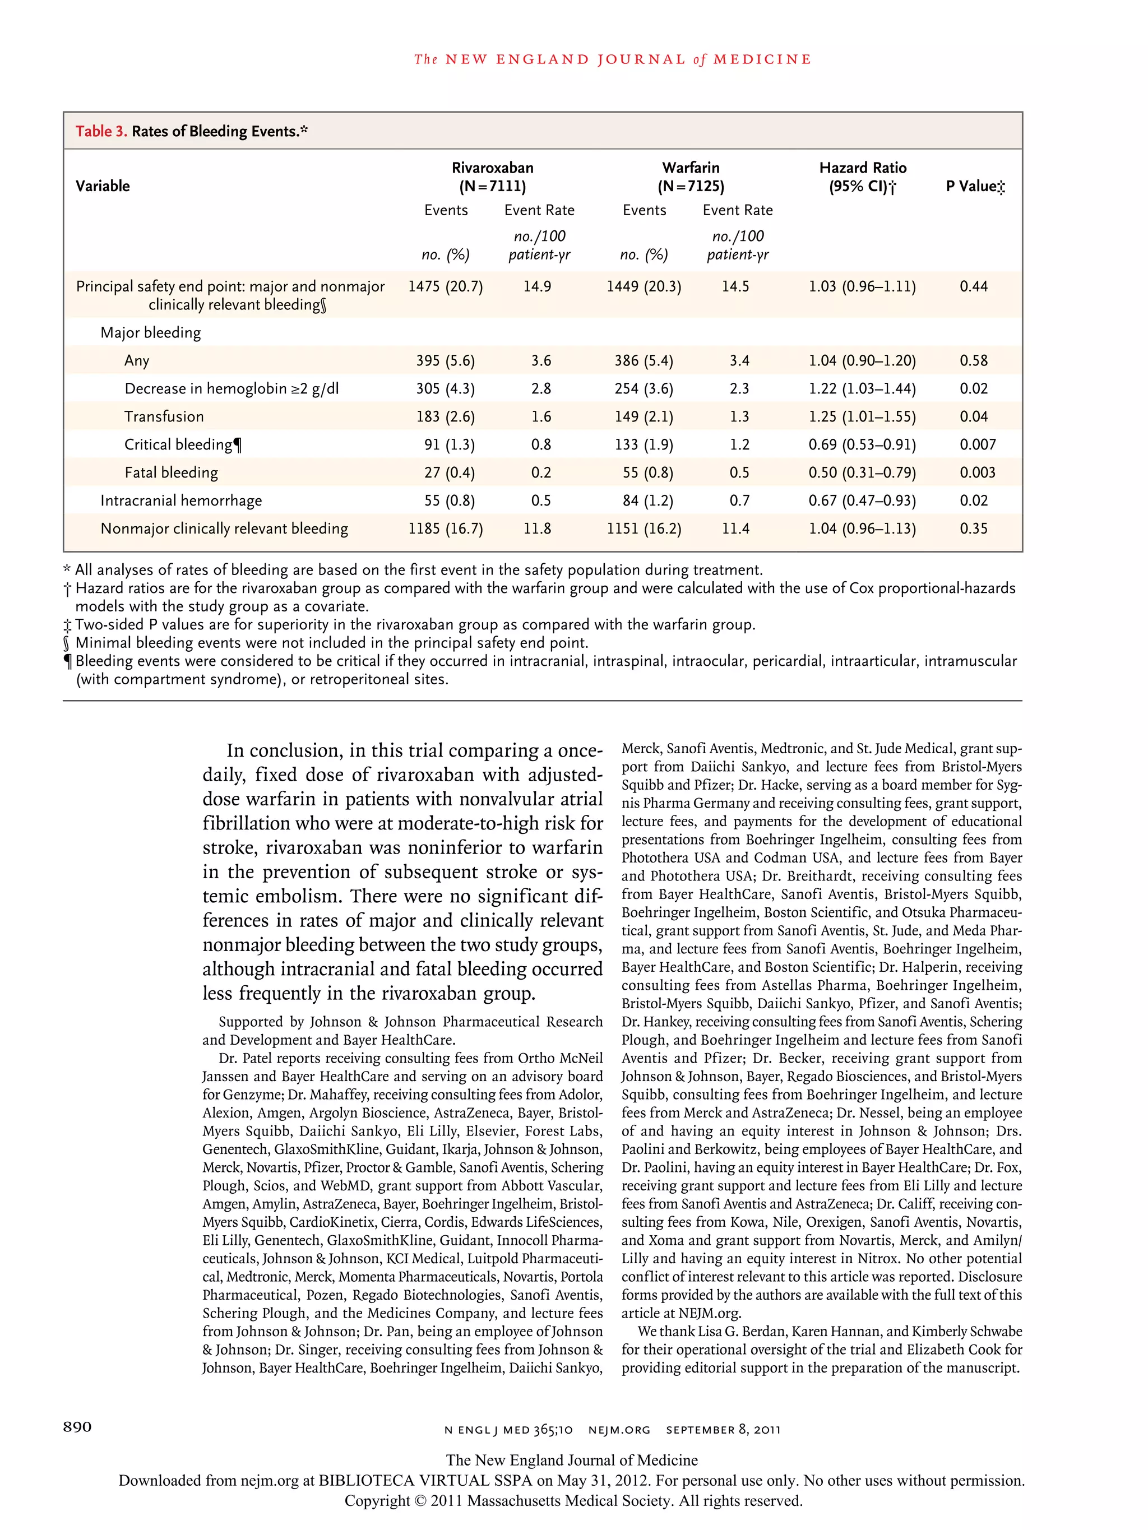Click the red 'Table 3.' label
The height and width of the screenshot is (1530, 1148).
click(x=101, y=131)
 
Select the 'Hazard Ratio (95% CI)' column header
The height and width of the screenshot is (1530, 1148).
click(x=862, y=177)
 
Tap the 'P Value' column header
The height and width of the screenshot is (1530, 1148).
click(x=975, y=186)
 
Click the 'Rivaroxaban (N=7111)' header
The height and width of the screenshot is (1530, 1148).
click(x=492, y=177)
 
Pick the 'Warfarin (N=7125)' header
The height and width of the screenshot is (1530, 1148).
click(x=690, y=177)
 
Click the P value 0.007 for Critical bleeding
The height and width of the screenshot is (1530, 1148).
click(x=977, y=445)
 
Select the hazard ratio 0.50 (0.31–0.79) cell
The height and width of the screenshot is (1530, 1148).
click(x=862, y=473)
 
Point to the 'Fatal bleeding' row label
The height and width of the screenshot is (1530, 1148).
click(x=171, y=473)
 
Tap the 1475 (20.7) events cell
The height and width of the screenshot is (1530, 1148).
click(x=445, y=286)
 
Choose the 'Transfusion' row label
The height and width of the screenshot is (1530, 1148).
click(x=164, y=417)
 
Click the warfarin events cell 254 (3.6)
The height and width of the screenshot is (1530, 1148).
click(x=644, y=389)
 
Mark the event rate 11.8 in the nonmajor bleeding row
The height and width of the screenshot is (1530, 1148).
click(x=537, y=529)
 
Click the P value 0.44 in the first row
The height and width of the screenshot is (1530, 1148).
click(x=973, y=286)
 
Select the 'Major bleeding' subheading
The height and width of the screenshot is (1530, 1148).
click(x=150, y=333)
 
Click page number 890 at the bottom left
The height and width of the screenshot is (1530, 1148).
click(x=77, y=1427)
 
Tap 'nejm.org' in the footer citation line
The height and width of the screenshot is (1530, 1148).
click(x=619, y=1430)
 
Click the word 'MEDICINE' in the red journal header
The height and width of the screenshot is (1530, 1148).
click(x=762, y=59)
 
